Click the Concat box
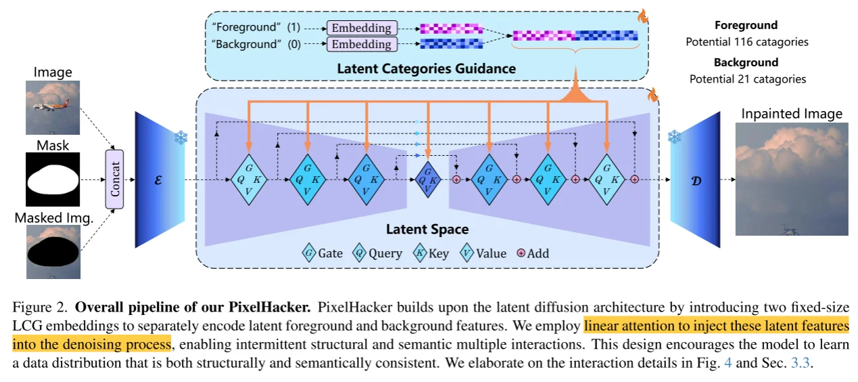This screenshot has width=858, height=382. tap(114, 179)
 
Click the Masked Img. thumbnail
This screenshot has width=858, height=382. tap(53, 251)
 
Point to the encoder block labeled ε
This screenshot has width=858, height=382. tap(159, 180)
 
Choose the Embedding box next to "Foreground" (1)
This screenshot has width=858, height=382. tap(361, 28)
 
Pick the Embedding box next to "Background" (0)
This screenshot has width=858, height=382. tap(361, 44)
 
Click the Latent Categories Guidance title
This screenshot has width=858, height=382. tap(426, 68)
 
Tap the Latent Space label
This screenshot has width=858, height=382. tap(427, 229)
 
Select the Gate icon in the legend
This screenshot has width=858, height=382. tap(309, 253)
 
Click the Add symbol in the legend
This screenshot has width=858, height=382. tap(521, 253)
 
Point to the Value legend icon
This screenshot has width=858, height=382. tap(467, 253)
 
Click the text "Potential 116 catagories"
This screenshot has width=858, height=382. tap(747, 42)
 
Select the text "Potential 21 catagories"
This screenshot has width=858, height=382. tap(747, 79)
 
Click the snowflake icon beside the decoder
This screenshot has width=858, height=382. tap(674, 137)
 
